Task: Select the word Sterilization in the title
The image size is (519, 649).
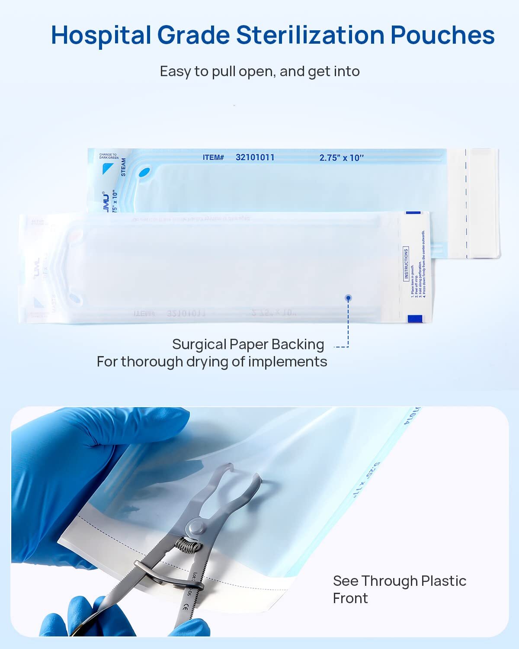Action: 310,35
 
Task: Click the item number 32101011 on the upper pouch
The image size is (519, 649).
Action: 255,157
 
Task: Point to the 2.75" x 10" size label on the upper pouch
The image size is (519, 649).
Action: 341,158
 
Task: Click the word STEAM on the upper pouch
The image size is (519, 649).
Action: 123,167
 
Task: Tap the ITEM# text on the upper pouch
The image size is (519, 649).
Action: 213,157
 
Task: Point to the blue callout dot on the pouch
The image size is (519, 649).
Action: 348,298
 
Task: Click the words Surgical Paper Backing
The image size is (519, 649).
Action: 248,344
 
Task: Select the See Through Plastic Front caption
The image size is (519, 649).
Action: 399,589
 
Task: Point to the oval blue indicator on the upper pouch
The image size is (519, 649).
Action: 144,173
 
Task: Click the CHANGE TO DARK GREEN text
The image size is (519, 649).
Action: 109,156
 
